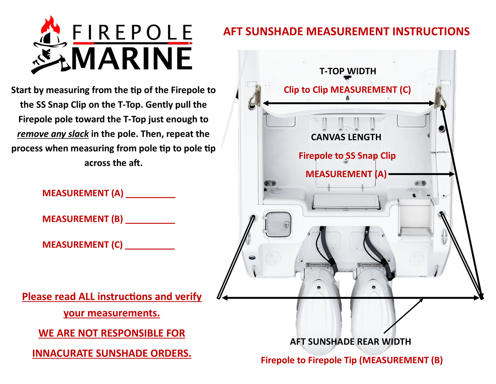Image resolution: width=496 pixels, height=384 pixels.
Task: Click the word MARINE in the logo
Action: point(132,59)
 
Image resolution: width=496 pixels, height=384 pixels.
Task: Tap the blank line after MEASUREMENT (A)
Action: point(151,195)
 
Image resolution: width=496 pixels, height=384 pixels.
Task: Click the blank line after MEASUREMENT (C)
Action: point(150,246)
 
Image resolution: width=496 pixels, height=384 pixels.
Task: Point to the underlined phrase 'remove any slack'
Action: point(53,134)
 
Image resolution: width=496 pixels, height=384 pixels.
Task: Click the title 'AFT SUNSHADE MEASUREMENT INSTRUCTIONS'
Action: point(346,32)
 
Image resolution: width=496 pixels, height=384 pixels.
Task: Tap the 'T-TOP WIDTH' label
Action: point(347,71)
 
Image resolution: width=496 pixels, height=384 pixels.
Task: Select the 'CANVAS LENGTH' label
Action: point(346,137)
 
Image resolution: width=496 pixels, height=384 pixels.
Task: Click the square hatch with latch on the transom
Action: point(277,224)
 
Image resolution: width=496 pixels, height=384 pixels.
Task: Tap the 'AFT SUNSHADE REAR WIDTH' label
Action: point(350,342)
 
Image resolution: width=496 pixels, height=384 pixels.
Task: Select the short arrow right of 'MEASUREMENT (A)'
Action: point(422,174)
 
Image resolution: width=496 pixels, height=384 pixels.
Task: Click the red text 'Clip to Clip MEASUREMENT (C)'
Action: point(347,90)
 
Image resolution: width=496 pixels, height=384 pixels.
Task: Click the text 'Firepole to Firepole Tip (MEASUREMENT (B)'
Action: point(351,360)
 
